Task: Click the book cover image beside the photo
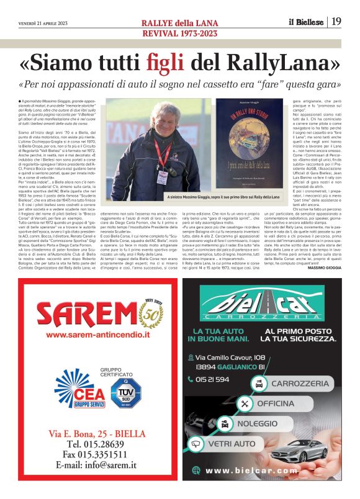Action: coord(250,143)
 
